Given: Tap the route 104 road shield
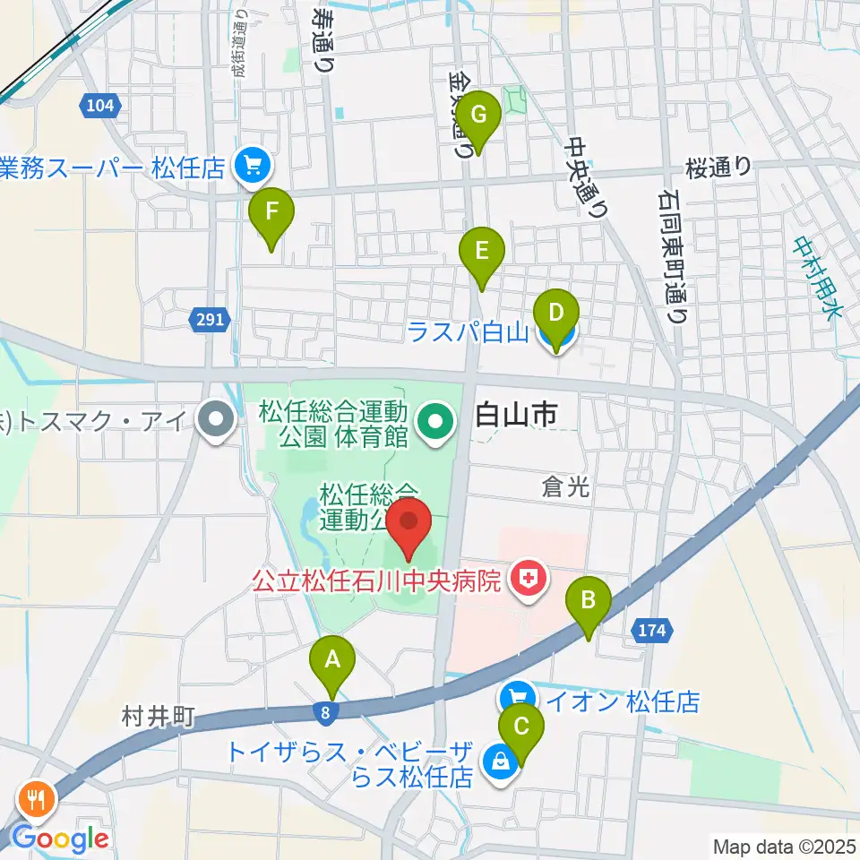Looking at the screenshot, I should pos(101,107).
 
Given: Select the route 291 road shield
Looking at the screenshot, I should pos(211,319).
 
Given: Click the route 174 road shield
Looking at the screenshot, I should pos(651,632).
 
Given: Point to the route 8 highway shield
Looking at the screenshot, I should pos(322,711).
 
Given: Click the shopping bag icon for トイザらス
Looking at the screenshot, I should pos(497,761).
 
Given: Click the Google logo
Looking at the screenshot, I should pos(60,838).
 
